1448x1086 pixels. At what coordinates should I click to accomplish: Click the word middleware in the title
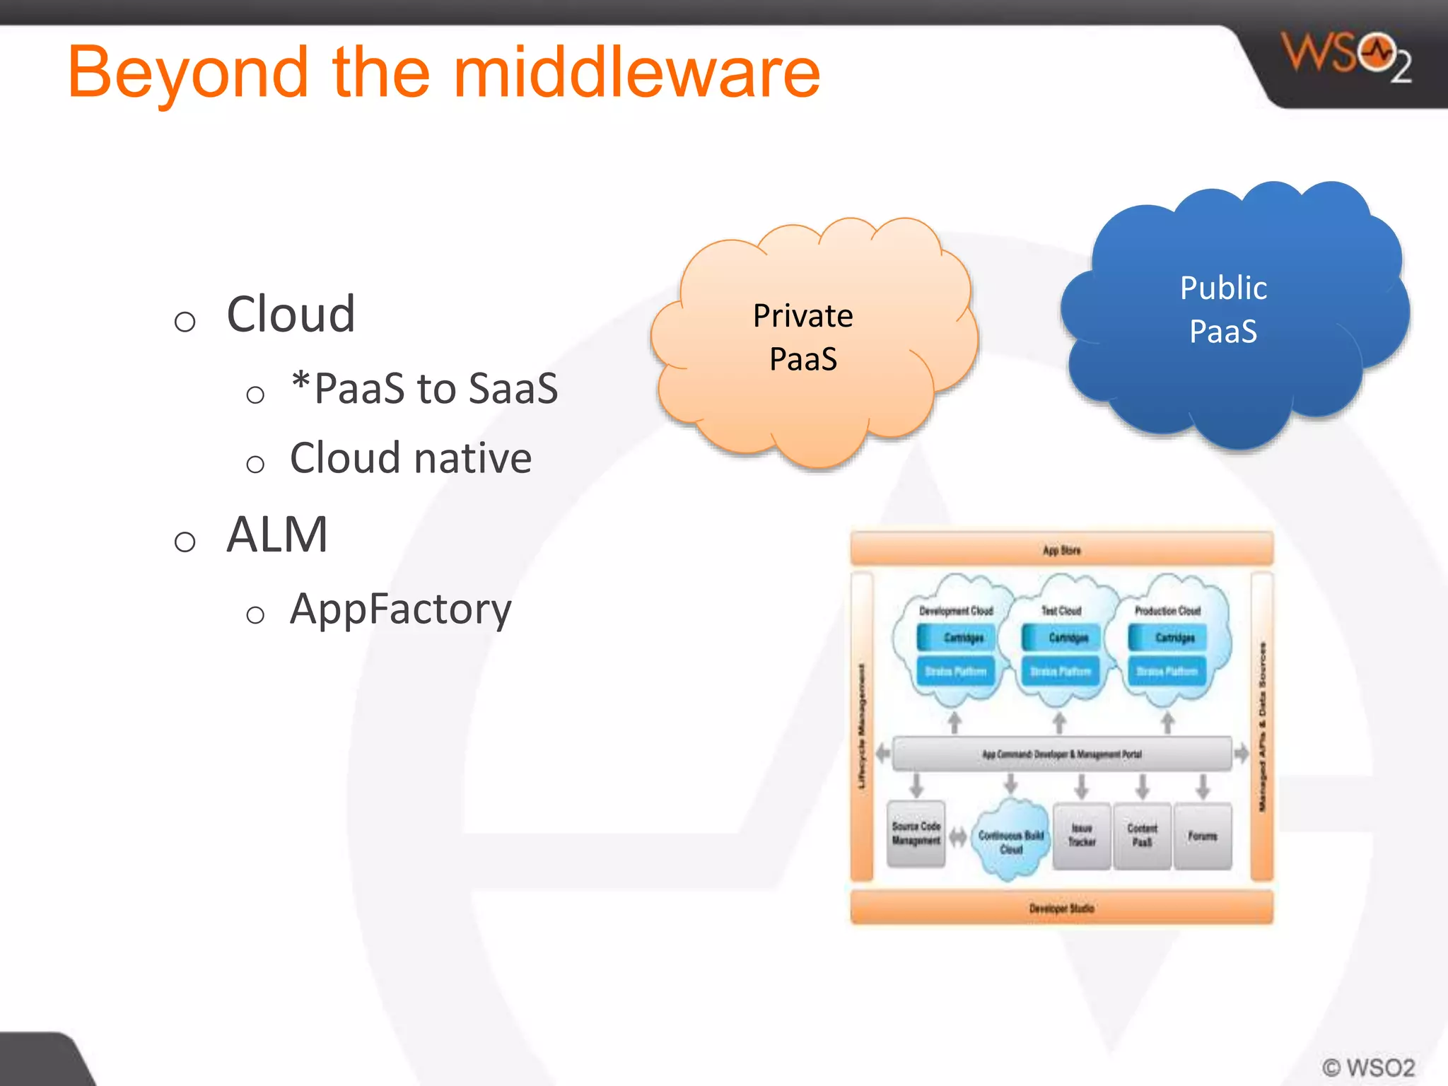(x=636, y=73)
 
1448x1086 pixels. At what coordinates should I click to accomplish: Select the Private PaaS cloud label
(x=803, y=337)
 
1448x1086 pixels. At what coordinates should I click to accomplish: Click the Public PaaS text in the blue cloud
(x=1223, y=310)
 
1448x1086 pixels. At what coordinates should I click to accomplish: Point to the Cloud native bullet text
(x=410, y=458)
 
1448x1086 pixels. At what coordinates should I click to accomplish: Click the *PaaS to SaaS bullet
(x=424, y=388)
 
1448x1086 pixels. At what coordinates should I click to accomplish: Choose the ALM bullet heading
(x=277, y=535)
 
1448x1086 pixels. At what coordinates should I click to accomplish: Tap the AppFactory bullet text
(x=400, y=609)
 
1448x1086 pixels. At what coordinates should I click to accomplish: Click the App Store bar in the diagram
(x=1061, y=550)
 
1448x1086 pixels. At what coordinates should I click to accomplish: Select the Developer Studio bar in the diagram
(x=1061, y=908)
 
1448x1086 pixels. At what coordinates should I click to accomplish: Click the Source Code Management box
(x=916, y=834)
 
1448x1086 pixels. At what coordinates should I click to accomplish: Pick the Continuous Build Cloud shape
(x=1011, y=841)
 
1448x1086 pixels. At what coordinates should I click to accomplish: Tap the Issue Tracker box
(x=1081, y=835)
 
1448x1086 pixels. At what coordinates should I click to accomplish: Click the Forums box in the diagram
(x=1202, y=836)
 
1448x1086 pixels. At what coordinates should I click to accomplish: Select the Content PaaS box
(x=1142, y=835)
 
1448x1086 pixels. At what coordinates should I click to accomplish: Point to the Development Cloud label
(x=956, y=610)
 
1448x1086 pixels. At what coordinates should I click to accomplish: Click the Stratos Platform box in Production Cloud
(x=1167, y=671)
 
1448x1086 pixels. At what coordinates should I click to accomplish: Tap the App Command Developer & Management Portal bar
(x=1061, y=754)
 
